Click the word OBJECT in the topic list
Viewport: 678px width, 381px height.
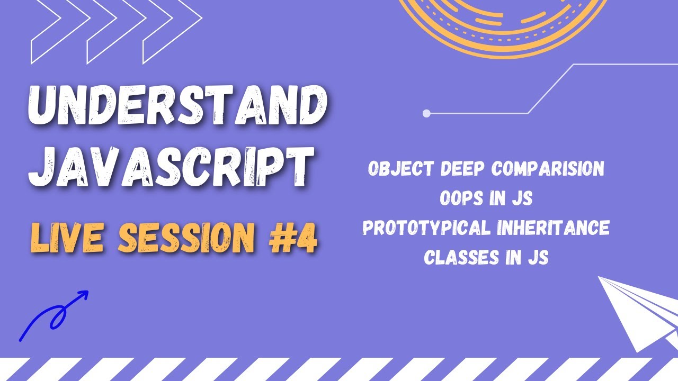pos(400,169)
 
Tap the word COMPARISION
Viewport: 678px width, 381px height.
pos(548,169)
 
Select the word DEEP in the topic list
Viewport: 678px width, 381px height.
pos(463,169)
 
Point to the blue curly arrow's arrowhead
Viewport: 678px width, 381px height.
pos(83,295)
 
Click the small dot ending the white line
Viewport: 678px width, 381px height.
pos(426,113)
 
